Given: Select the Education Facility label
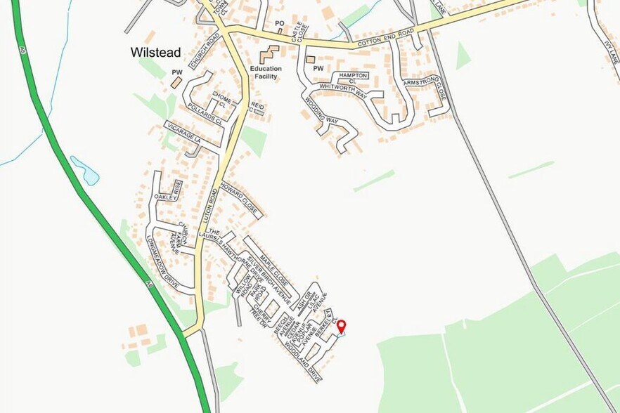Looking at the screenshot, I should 265,72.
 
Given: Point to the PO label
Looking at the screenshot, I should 279,23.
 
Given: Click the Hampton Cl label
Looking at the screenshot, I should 354,78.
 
